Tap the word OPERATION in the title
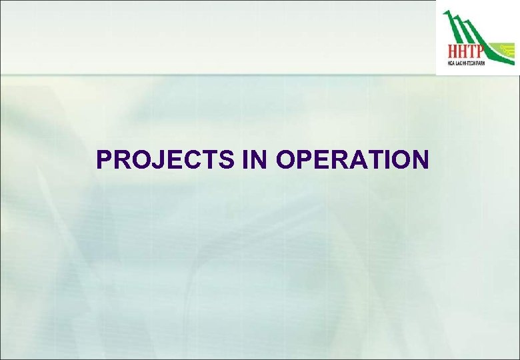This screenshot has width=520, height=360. pos(352,160)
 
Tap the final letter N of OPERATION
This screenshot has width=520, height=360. pos(419,160)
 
